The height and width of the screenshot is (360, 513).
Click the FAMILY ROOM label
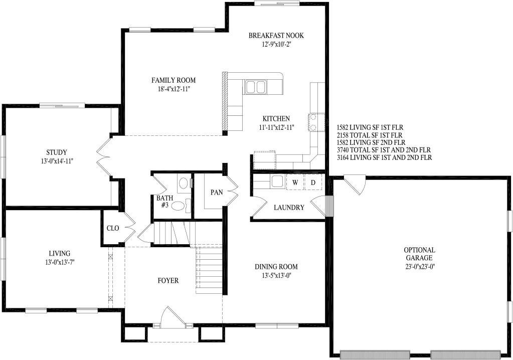(x=174, y=80)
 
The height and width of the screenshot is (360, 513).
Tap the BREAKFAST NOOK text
(x=276, y=35)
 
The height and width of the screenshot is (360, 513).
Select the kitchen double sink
(x=256, y=87)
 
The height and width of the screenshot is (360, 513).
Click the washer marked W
(x=295, y=183)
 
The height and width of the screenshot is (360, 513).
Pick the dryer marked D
(x=313, y=183)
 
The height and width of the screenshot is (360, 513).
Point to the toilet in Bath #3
(x=181, y=206)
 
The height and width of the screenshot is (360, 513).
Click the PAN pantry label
(x=216, y=192)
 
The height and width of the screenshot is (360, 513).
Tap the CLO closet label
(x=113, y=228)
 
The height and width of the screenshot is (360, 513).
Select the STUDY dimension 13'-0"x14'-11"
(x=57, y=161)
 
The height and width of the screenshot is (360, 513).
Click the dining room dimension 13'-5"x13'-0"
(x=276, y=275)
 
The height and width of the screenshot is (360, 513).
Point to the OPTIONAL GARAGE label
(x=419, y=254)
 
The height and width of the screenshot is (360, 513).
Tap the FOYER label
(x=168, y=281)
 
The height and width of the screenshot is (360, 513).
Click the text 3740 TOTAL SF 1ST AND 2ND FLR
(x=384, y=150)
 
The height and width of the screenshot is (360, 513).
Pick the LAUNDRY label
(x=289, y=207)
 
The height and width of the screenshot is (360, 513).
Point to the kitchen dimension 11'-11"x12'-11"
(x=276, y=127)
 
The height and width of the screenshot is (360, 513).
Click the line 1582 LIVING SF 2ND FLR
(x=371, y=142)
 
